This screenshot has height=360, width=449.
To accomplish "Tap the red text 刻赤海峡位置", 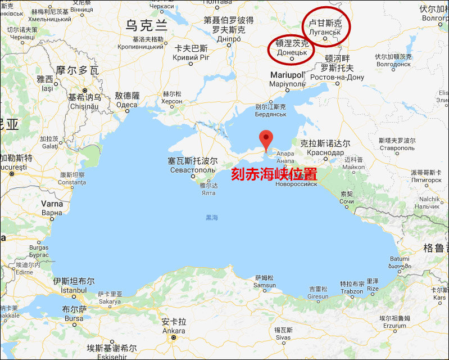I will pos(274,174).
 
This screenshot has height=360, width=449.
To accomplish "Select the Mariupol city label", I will pos(287,75).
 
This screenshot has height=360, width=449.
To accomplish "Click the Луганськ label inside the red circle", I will pos(325,32).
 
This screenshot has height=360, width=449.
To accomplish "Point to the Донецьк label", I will pos(292,52).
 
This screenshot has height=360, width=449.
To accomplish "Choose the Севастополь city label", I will pos(192,169).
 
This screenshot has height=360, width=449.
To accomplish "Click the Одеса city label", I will pos(127,104).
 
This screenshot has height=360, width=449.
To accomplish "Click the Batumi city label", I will pos(400,259).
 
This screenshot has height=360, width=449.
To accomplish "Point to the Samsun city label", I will pos(265,285).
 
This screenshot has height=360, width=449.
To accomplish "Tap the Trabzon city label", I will pos(352,291).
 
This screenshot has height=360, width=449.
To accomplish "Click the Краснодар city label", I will pos(326,152).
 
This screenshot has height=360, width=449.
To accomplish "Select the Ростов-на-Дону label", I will pos(342,77).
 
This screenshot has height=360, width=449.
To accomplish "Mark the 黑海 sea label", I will pos(212,217).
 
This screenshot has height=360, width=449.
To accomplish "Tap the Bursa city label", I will pos(74,318).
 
